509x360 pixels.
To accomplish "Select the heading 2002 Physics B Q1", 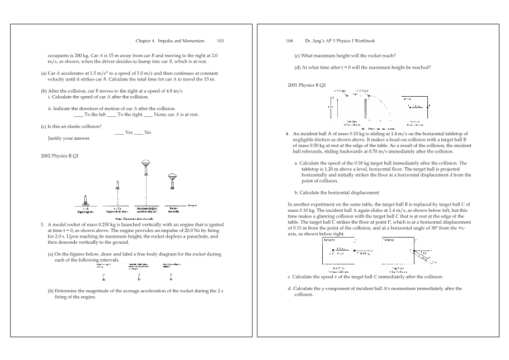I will click(x=59, y=155).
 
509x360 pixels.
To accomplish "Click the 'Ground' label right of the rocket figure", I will click(x=192, y=206).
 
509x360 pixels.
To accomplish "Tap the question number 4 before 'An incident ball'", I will click(x=287, y=134).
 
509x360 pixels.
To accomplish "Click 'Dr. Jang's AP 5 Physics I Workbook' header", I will click(x=340, y=41).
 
